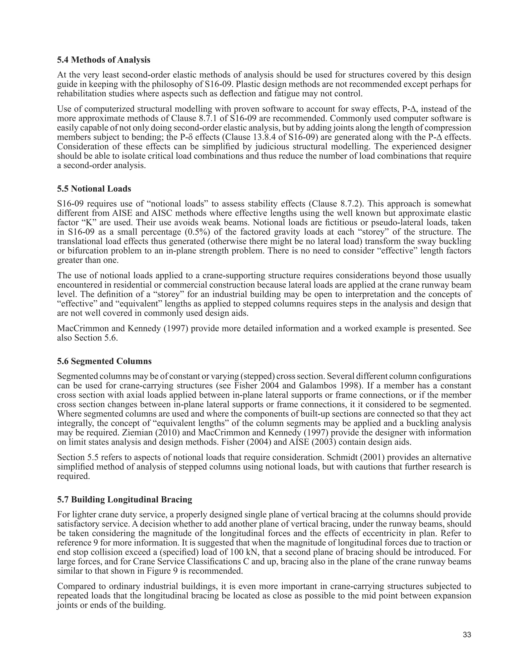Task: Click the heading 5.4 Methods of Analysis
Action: point(104,60)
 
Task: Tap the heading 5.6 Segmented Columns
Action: point(104,361)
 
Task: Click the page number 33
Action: point(467,635)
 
